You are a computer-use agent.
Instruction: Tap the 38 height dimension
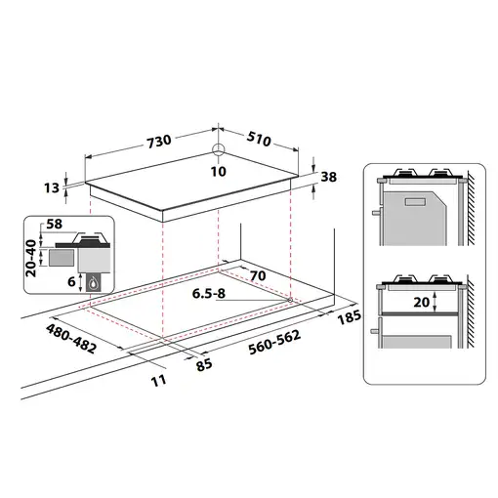[x=329, y=178]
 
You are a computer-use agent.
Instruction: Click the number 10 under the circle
[x=217, y=172]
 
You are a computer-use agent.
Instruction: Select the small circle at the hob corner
[x=217, y=151]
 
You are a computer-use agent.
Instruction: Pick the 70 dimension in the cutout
[x=259, y=276]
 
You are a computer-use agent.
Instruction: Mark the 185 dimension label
[x=347, y=318]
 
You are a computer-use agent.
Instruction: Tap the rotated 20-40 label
[x=31, y=256]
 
